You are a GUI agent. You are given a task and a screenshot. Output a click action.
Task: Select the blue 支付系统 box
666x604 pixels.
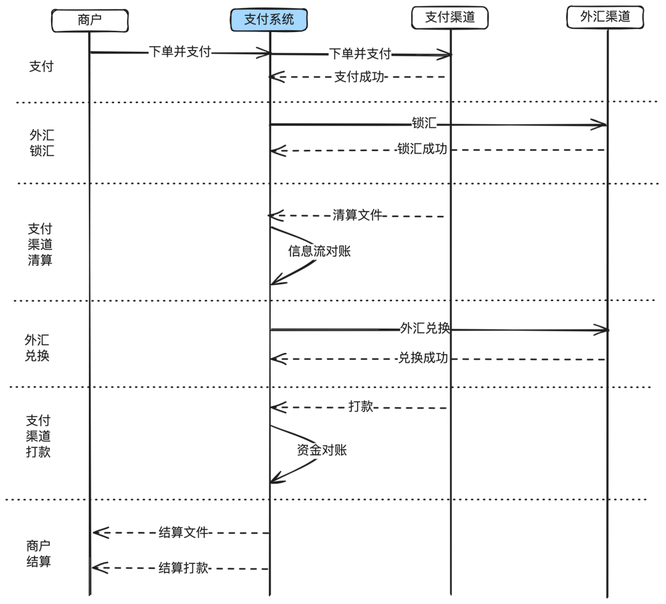[269, 19]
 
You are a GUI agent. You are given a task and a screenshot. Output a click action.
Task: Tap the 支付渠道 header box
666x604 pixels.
[450, 18]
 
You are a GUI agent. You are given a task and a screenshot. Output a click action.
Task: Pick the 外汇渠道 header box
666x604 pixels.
[605, 17]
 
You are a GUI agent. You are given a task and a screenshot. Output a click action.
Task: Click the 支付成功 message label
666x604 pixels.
[359, 77]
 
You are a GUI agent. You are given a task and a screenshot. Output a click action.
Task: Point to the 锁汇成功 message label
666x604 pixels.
[422, 149]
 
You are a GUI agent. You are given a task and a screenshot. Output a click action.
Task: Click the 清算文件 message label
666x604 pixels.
[358, 215]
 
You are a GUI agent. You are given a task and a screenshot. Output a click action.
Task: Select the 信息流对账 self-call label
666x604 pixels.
[319, 251]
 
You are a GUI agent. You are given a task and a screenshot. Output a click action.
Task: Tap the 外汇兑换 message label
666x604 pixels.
[425, 328]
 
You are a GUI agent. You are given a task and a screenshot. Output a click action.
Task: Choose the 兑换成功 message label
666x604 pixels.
[423, 358]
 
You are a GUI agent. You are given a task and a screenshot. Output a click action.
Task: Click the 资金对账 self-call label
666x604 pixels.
[322, 450]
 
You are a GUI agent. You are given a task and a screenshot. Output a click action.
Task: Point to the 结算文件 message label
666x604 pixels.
[184, 532]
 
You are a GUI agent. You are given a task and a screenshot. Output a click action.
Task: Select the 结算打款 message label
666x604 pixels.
[184, 568]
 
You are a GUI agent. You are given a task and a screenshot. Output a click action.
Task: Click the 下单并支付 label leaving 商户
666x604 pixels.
[180, 52]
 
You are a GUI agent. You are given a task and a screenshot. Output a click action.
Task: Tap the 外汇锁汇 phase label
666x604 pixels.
[42, 143]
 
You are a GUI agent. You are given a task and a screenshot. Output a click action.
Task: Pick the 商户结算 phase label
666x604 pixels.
[38, 553]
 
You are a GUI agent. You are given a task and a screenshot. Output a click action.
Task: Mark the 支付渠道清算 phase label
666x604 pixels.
[40, 244]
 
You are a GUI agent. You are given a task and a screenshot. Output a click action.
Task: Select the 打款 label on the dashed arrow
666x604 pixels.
[361, 407]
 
